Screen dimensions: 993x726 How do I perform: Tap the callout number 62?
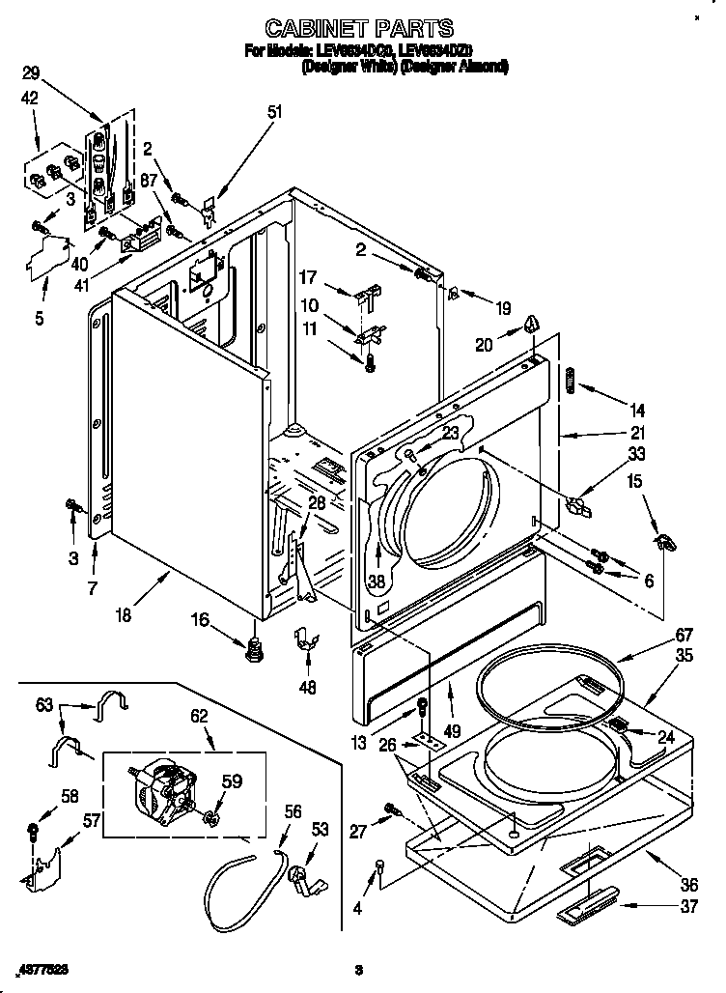tap(199, 718)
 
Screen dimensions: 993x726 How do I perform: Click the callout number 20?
tap(484, 342)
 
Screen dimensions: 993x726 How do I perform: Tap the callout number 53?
tap(320, 828)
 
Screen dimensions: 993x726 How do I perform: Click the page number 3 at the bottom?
tap(358, 969)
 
